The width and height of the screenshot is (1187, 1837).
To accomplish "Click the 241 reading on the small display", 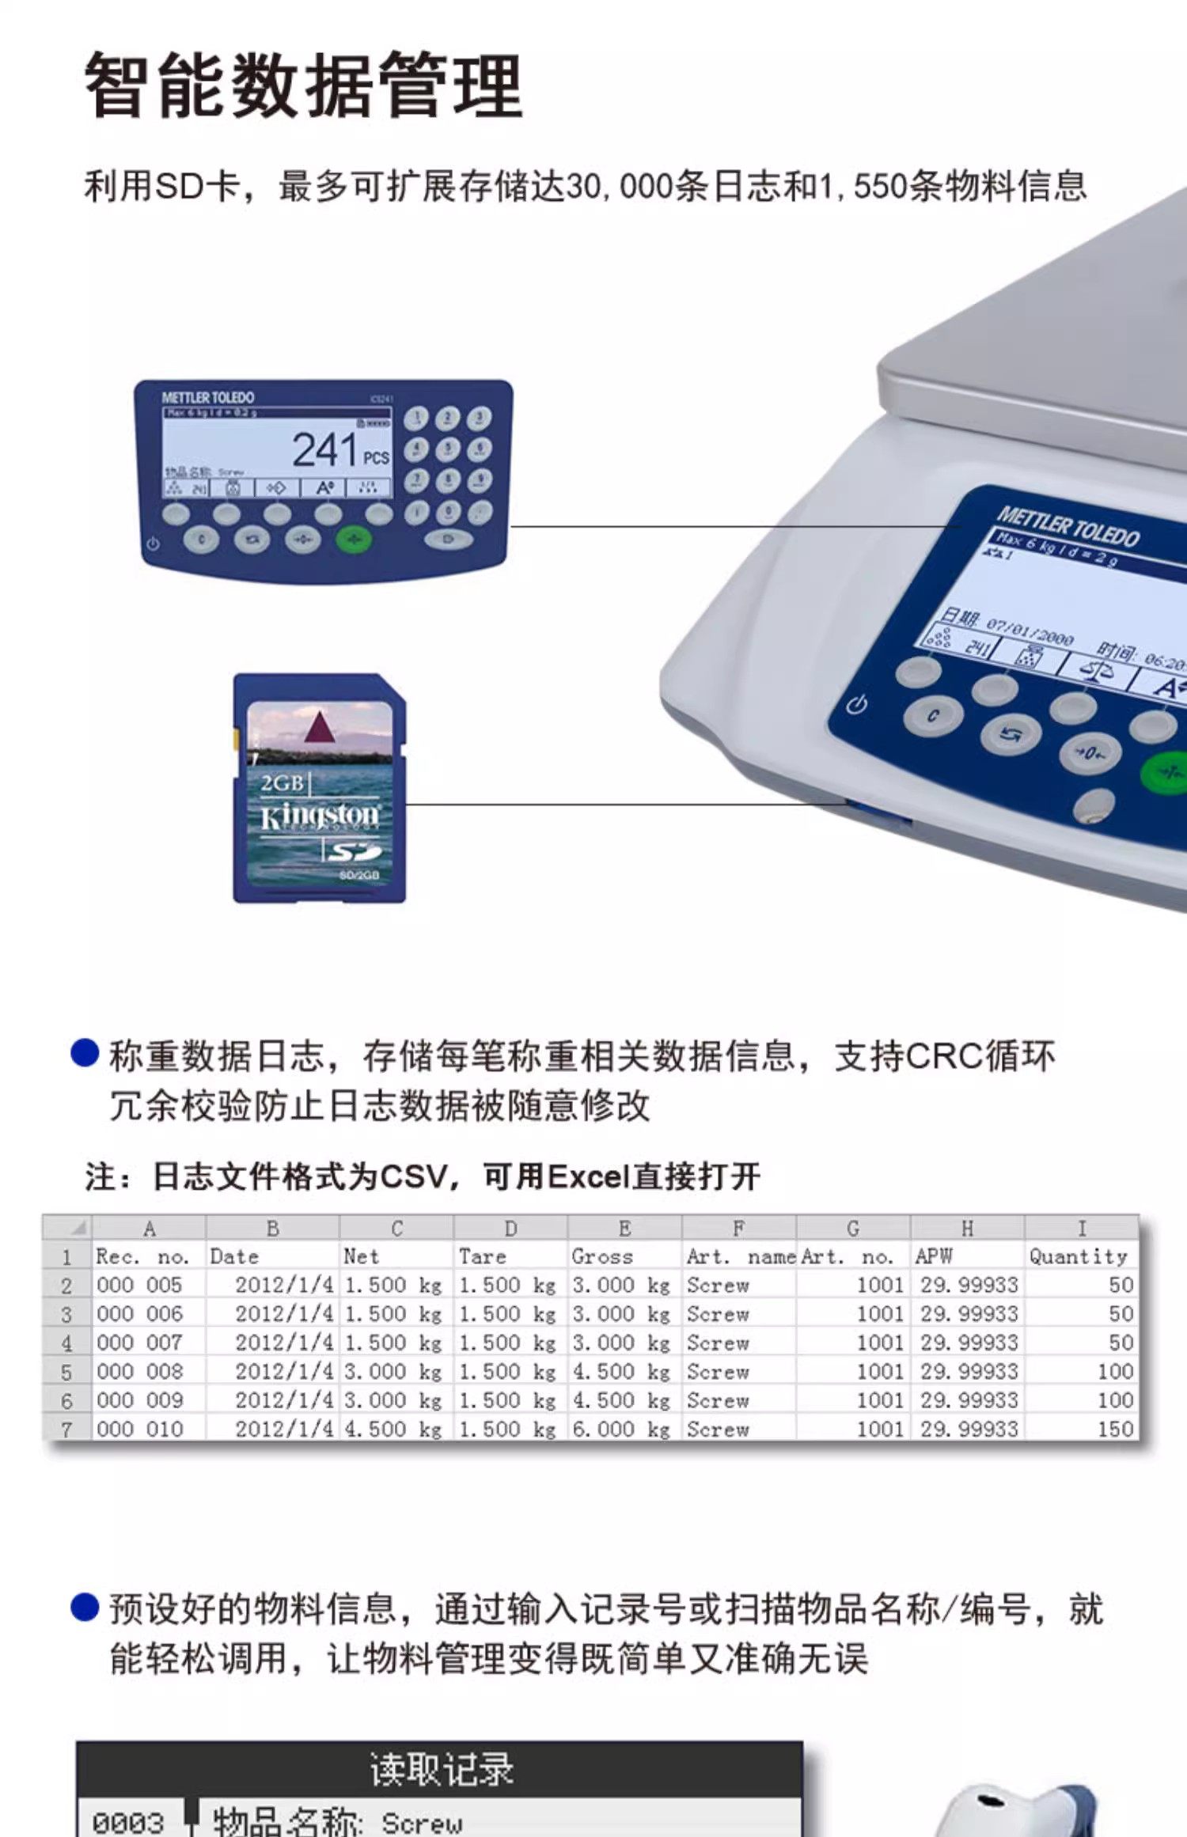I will pyautogui.click(x=324, y=450).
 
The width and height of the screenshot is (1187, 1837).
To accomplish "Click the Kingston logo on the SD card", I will pyautogui.click(x=320, y=816).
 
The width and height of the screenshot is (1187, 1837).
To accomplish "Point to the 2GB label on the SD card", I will pyautogui.click(x=283, y=783).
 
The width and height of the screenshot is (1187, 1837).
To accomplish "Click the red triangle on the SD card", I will pyautogui.click(x=319, y=726).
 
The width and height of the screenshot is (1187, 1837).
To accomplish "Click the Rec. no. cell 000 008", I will pyautogui.click(x=140, y=1371).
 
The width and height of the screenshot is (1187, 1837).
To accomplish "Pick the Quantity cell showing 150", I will pyautogui.click(x=1115, y=1429).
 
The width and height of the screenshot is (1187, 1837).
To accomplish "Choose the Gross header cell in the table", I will pyautogui.click(x=603, y=1256).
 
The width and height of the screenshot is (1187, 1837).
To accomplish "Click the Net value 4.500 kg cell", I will pyautogui.click(x=393, y=1429).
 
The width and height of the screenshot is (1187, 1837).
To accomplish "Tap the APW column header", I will pyautogui.click(x=935, y=1256).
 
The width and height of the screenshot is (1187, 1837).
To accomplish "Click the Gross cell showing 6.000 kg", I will pyautogui.click(x=622, y=1429).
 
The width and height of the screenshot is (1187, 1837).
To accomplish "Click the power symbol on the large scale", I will pyautogui.click(x=856, y=704).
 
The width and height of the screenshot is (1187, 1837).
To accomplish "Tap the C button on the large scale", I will pyautogui.click(x=933, y=715).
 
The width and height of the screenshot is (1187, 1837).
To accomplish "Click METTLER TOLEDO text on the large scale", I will pyautogui.click(x=1068, y=526).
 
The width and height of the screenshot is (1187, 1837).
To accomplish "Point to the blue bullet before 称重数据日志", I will pyautogui.click(x=85, y=1053).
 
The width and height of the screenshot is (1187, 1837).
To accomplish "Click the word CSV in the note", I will pyautogui.click(x=413, y=1177).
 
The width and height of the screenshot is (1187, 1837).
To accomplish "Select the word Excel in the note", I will pyautogui.click(x=588, y=1177).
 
